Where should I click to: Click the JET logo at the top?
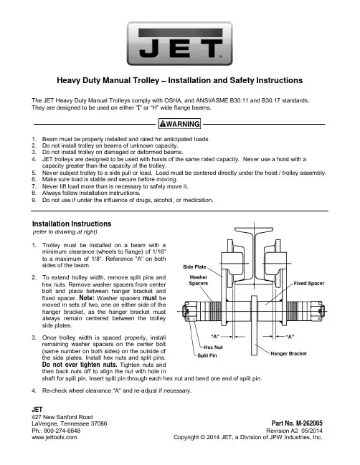[x=179, y=44]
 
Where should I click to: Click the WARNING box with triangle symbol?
[x=179, y=124]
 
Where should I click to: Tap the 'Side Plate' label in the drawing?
[x=194, y=267]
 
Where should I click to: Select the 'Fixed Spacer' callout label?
[x=309, y=283]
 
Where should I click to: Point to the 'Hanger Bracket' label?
[x=288, y=353]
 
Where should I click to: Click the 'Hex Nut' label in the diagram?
[x=213, y=347]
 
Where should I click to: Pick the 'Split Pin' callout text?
[x=207, y=355]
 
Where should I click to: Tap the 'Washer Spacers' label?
[x=199, y=280]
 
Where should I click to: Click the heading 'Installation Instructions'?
[x=72, y=224]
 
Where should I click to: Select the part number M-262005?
[x=309, y=423]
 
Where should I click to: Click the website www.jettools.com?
[x=55, y=437]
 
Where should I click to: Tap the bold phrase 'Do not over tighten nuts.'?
[x=80, y=365]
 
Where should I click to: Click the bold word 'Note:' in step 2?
[x=87, y=298]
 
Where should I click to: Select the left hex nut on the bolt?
[x=187, y=312]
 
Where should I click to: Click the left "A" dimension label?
[x=215, y=337]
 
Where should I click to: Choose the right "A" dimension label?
[x=290, y=337]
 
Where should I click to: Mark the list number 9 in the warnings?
[x=34, y=200]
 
